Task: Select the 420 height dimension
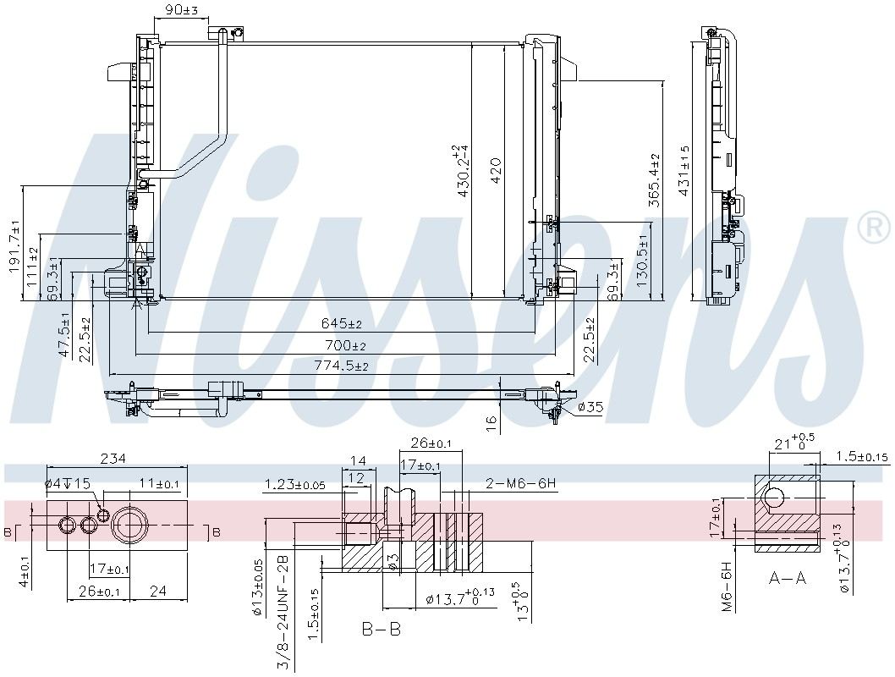496,176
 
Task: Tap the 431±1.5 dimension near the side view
684,169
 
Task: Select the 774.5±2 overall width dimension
342,366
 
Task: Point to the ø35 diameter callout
590,408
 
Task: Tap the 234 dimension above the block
113,459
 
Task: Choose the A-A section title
787,578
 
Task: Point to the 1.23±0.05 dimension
294,485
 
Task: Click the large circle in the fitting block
131,526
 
